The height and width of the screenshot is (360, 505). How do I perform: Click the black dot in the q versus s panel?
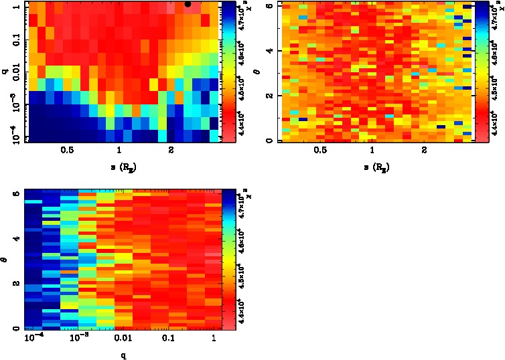[x=188, y=4]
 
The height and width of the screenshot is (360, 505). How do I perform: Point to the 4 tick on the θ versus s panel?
[x=269, y=51]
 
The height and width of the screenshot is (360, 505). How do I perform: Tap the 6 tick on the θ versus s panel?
[x=269, y=5]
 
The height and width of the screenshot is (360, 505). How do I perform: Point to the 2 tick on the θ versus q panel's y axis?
[x=17, y=283]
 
